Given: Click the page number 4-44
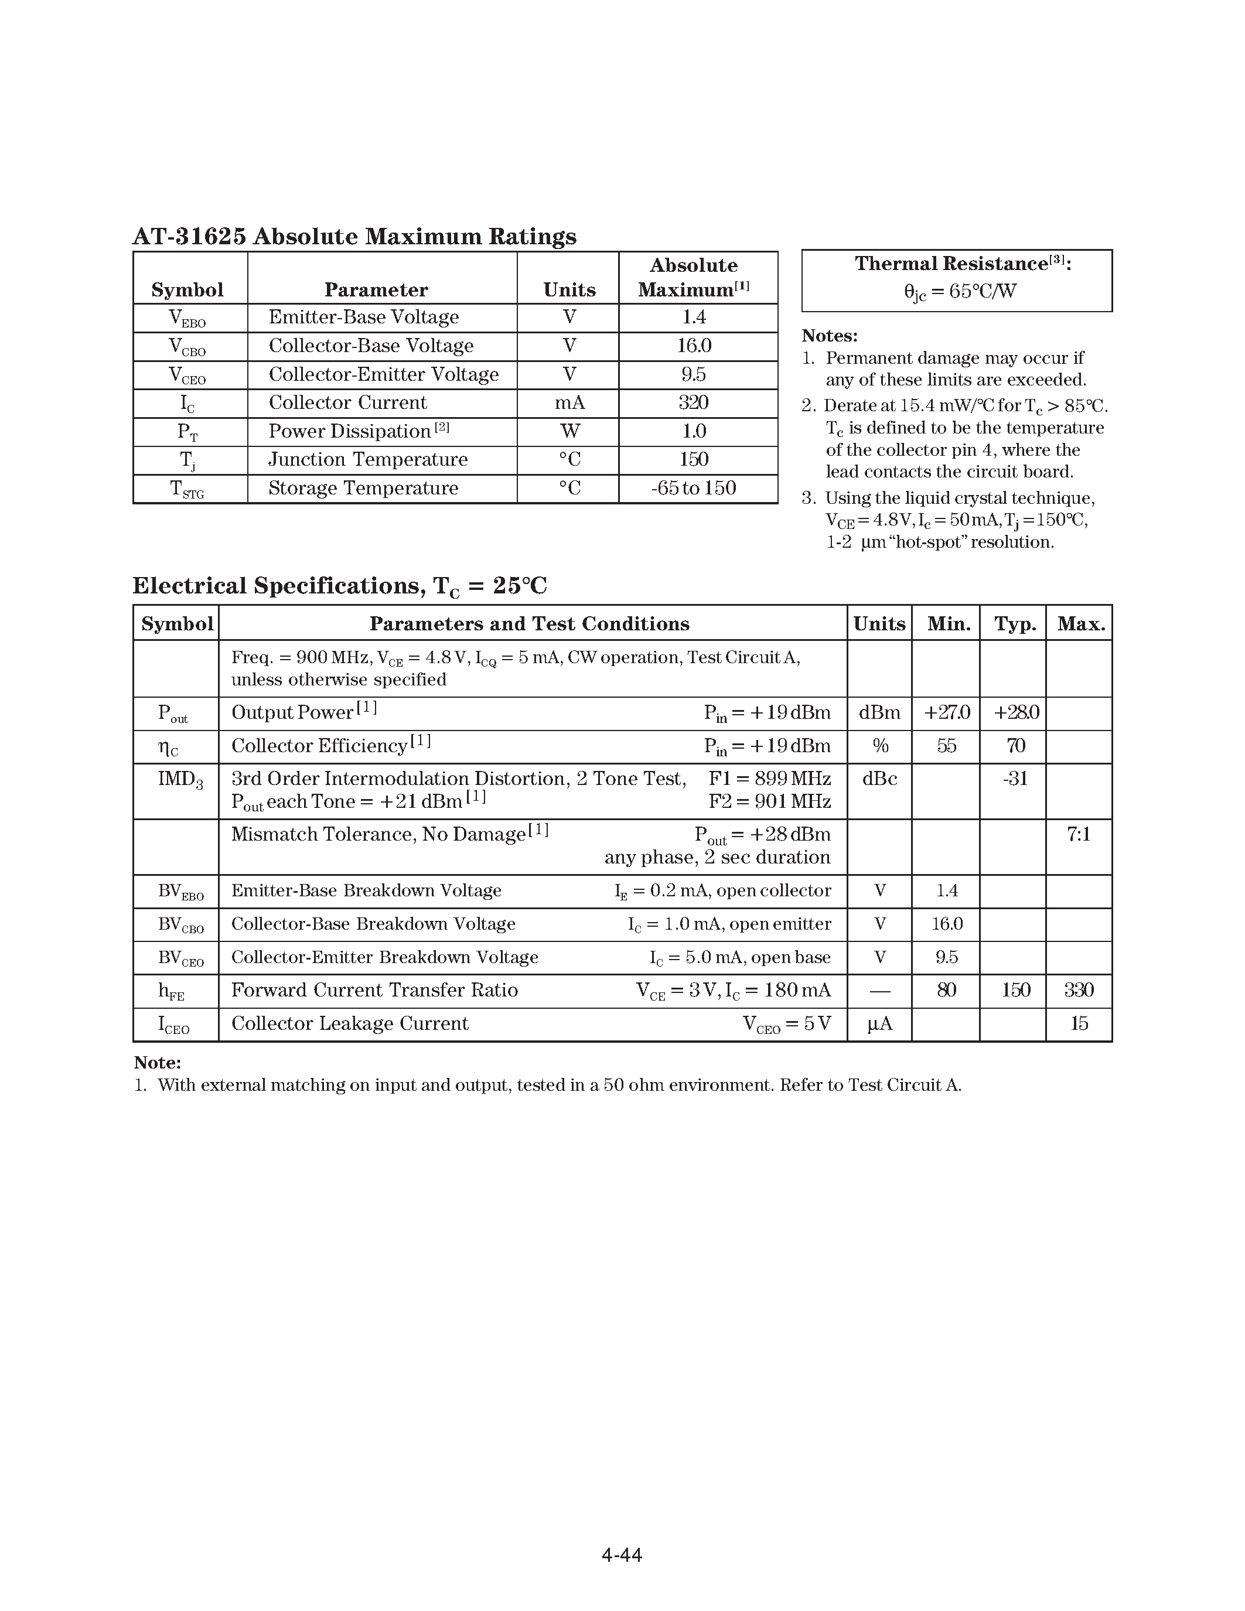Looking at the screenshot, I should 622,1555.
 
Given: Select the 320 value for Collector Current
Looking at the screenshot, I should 693,403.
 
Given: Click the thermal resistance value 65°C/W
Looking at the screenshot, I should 960,291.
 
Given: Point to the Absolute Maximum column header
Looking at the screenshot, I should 693,277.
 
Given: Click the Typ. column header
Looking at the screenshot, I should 1015,624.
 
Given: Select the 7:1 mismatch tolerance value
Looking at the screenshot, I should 1078,834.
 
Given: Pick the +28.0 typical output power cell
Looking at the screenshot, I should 1015,712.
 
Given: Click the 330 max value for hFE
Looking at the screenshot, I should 1078,990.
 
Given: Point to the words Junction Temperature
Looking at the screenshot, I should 367,459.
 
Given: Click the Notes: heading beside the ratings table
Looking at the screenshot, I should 830,336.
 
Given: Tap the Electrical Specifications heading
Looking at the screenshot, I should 339,586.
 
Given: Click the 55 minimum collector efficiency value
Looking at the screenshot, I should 946,746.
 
